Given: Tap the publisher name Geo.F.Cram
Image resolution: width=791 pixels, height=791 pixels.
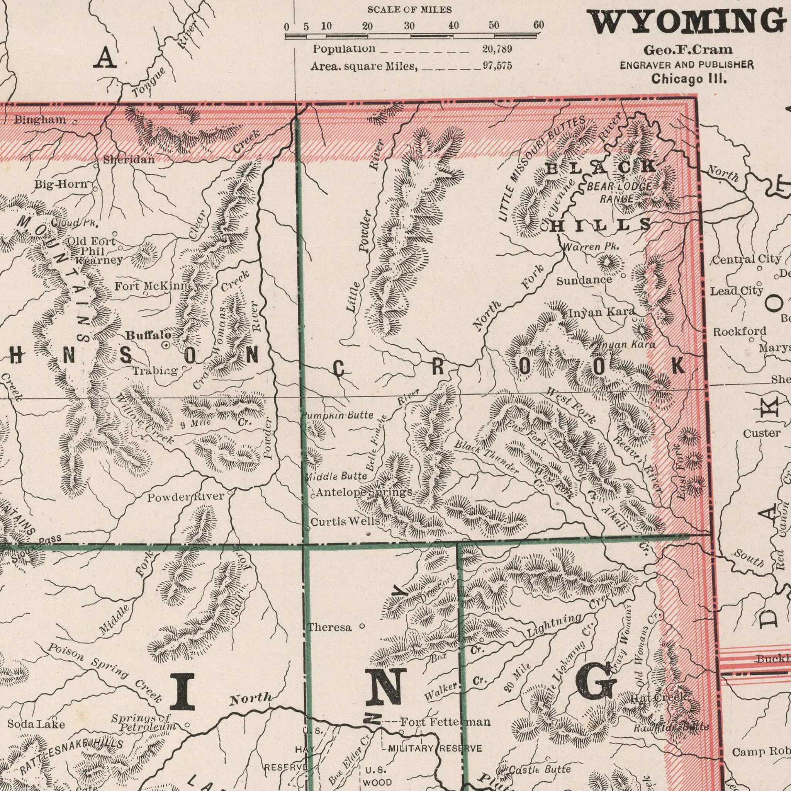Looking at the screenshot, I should pyautogui.click(x=688, y=49).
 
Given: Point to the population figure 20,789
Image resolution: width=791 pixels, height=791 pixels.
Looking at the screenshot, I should pyautogui.click(x=497, y=49).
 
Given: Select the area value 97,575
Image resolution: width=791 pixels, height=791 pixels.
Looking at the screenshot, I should pyautogui.click(x=497, y=66).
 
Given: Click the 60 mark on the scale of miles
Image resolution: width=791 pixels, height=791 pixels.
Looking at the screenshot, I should pyautogui.click(x=538, y=26).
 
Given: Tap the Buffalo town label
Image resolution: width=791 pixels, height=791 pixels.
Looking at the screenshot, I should pyautogui.click(x=148, y=335).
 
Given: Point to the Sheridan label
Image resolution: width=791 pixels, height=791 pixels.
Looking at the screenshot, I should pyautogui.click(x=129, y=160).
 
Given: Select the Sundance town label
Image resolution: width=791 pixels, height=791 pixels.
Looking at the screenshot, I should pyautogui.click(x=584, y=280).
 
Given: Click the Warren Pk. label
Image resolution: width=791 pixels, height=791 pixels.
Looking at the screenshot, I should pyautogui.click(x=591, y=247).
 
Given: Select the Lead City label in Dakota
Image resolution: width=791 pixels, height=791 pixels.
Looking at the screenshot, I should pyautogui.click(x=736, y=291).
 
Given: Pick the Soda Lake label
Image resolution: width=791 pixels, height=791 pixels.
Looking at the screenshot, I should pyautogui.click(x=36, y=724).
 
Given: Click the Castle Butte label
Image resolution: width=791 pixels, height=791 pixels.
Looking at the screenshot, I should pyautogui.click(x=539, y=769).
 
